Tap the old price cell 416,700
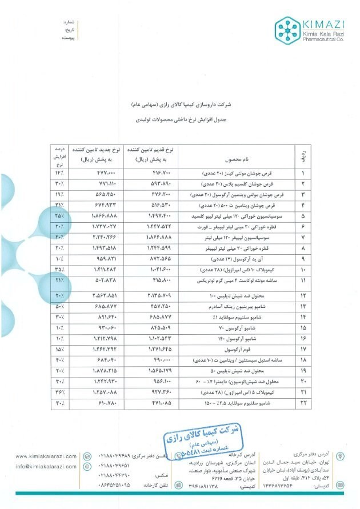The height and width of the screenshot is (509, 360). pyautogui.click(x=151, y=173)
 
